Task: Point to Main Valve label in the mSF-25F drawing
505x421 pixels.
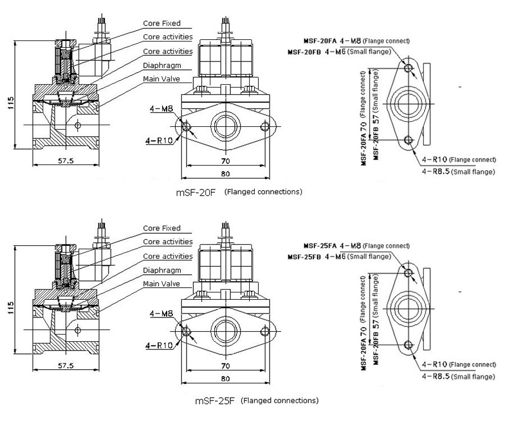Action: point(162,283)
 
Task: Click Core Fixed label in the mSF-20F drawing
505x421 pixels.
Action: point(162,23)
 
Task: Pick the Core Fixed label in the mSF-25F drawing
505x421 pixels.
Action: point(162,228)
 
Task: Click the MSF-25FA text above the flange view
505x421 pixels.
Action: point(320,246)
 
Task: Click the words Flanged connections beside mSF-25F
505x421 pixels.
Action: point(279,401)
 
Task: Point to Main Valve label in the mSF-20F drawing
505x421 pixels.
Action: point(162,79)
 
